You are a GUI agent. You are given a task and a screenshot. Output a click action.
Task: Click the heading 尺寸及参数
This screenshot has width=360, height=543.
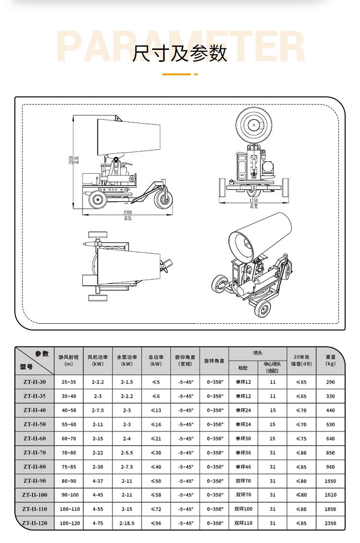pos(180,53)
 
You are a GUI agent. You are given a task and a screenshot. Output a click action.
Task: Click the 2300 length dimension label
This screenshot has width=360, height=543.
pos(127,212)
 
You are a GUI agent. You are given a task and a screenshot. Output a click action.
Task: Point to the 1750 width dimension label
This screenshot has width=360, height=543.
pos(254,201)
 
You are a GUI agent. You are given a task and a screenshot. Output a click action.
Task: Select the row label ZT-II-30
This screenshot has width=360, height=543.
pos(35,382)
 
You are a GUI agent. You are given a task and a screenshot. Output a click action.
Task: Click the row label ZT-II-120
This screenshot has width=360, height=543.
pos(35,523)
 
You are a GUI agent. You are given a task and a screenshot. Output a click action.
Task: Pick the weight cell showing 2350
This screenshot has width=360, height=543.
pos(330,523)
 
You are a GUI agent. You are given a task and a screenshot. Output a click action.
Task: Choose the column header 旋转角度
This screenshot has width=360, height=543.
pos(214,361)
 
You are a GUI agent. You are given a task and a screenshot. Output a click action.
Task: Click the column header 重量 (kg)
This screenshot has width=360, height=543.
pos(330,360)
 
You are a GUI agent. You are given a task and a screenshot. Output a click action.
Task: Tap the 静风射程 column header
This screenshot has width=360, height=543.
pos(68,360)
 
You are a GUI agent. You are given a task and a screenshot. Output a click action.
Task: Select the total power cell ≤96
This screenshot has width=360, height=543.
pos(156,523)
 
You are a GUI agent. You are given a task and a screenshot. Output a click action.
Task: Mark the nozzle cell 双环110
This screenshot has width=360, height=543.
pos(243,523)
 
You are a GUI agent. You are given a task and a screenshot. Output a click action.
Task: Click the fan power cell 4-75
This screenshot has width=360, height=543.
pos(97,523)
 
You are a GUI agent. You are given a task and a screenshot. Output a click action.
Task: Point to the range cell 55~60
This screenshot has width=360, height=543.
pos(68,425)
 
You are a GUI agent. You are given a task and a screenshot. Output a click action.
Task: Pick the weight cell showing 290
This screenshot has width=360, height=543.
pos(330,382)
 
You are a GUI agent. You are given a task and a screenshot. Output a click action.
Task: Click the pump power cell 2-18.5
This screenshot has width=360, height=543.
pos(127,523)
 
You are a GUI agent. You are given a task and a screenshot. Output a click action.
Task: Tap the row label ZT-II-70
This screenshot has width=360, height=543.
pos(35,453)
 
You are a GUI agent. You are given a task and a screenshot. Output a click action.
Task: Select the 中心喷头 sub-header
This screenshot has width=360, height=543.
pos(272,367)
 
